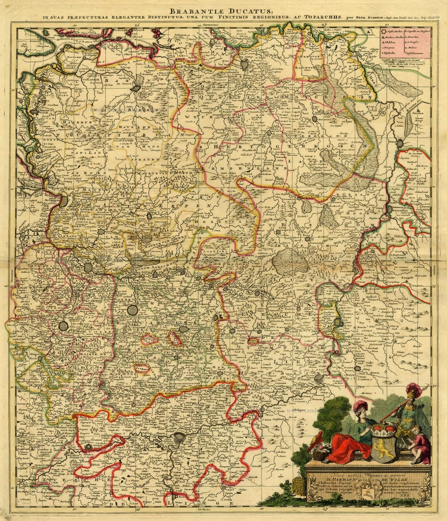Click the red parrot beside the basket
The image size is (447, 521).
313,442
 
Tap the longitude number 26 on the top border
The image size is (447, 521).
137,24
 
